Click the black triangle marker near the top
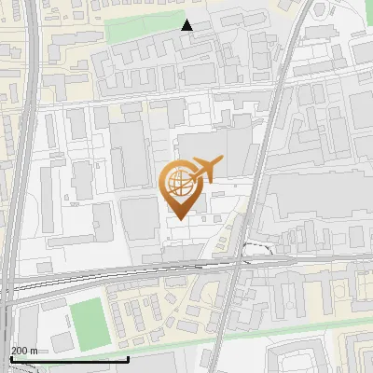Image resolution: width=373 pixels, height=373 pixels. [187, 25]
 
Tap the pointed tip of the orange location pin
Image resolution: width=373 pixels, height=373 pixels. [178, 218]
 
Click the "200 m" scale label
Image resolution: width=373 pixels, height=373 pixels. [23, 350]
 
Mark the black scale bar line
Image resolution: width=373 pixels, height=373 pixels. [69, 359]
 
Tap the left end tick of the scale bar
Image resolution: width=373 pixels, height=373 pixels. [10, 357]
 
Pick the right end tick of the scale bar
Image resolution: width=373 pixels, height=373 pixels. [128, 357]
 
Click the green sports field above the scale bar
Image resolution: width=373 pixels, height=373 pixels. [89, 320]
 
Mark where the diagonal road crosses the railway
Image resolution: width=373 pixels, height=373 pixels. [239, 264]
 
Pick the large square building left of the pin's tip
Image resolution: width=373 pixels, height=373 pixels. [140, 217]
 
